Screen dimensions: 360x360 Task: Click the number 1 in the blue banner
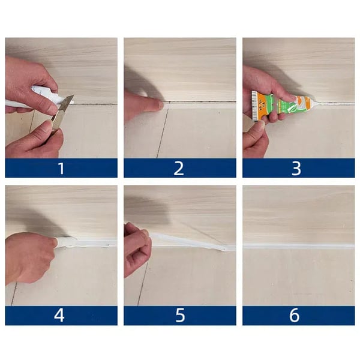point(61,169)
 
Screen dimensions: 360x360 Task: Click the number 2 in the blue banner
point(179,169)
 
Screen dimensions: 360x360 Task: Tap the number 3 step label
point(296,169)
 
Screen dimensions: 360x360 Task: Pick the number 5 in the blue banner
point(179,316)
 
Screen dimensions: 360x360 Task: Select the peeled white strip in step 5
point(192,242)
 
